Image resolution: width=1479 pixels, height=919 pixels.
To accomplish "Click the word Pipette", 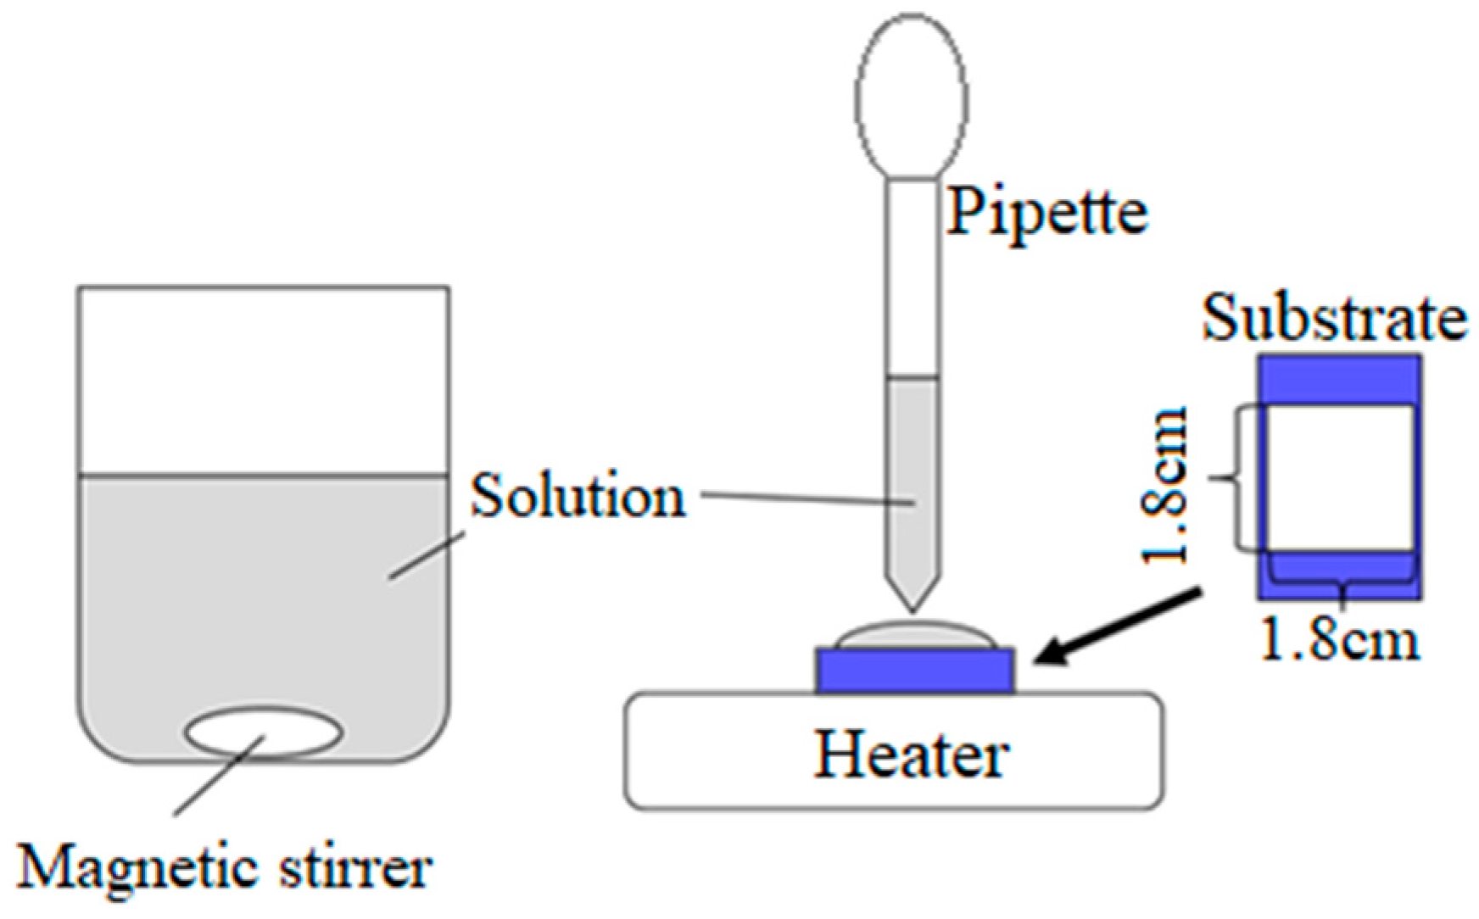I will pos(1047,212).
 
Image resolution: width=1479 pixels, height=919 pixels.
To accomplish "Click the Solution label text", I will pos(578,496).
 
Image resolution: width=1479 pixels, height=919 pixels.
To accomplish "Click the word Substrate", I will pos(1335,319).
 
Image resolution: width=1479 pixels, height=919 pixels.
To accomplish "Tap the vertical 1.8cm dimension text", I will pos(1165,485).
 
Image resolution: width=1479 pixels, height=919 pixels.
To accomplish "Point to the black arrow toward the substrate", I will pos(1119,627).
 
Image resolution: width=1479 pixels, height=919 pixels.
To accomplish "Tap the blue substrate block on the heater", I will pos(915,671).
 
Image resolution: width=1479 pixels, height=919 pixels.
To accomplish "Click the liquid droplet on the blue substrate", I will pos(914,636).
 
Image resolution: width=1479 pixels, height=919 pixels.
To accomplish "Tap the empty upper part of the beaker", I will pos(264,382).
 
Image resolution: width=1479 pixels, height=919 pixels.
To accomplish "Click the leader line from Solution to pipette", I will pos(806,498).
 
